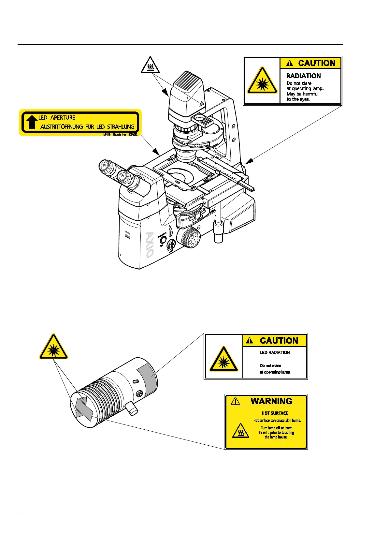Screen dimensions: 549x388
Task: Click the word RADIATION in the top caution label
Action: (x=303, y=76)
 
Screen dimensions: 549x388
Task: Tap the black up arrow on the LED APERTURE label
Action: (x=32, y=122)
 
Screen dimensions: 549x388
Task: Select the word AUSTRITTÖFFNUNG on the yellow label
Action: (x=62, y=127)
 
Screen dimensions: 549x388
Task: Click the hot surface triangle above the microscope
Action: (x=150, y=65)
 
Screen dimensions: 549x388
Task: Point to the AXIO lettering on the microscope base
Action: (x=149, y=245)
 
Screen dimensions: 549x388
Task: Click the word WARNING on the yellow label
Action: (x=271, y=401)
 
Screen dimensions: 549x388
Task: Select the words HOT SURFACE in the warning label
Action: (x=275, y=413)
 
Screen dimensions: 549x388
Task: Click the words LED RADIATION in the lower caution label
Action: (x=274, y=352)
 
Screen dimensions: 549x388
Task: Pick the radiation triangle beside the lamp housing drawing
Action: (x=53, y=347)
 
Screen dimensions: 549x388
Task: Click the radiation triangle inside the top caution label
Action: (x=262, y=81)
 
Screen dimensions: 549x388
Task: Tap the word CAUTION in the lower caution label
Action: (x=279, y=341)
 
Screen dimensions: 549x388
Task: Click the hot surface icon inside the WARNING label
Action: (x=241, y=431)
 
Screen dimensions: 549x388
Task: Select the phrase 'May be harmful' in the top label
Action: (x=302, y=94)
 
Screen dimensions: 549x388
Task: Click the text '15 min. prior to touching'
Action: (x=276, y=433)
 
